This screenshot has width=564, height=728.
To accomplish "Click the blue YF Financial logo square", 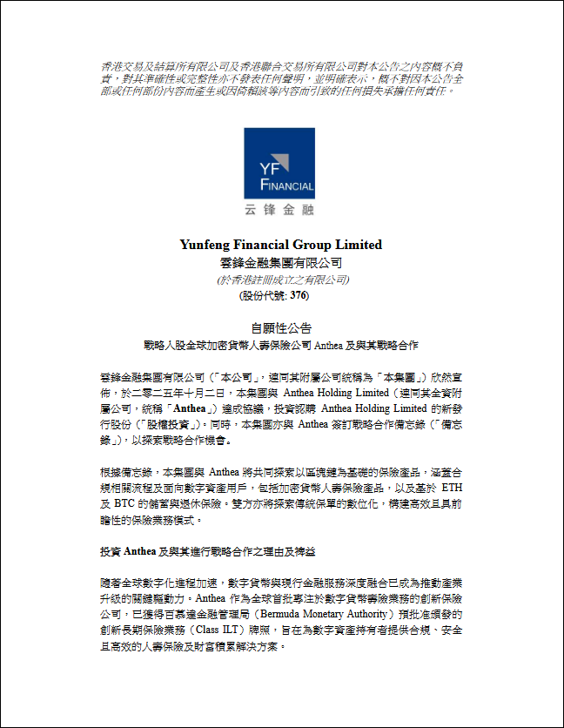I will tap(279, 164).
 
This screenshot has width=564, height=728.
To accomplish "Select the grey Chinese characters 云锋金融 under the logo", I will tap(279, 210).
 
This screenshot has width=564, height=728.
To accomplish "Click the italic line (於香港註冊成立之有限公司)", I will tap(282, 280).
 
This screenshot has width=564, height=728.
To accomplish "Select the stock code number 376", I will tap(299, 295).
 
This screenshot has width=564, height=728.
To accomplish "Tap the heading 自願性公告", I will tap(281, 328).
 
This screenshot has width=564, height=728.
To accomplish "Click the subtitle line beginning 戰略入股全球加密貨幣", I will tap(281, 345).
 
